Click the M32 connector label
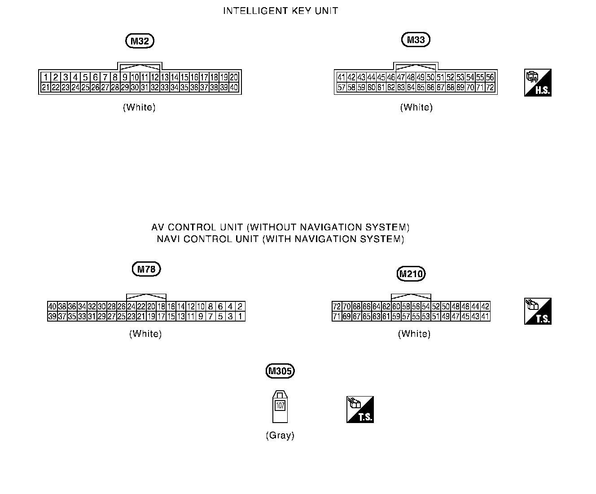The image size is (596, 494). [x=140, y=41]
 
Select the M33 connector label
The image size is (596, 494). [x=416, y=40]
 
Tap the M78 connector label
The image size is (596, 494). [x=146, y=269]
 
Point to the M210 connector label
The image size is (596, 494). [x=412, y=273]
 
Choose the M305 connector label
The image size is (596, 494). [x=280, y=371]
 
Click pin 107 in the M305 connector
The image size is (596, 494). [x=280, y=406]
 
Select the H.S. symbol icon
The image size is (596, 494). [x=538, y=83]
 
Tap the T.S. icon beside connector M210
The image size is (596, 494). [x=538, y=311]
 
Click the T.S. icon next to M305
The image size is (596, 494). [x=360, y=409]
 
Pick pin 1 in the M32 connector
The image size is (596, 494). [x=45, y=77]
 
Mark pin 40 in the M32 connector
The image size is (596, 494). [x=234, y=88]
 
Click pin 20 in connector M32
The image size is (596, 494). [x=234, y=77]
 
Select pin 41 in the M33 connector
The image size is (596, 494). [x=342, y=77]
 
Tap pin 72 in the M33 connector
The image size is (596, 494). [x=490, y=88]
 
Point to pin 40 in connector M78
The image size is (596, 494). [x=52, y=307]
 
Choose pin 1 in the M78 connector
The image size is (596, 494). [x=240, y=317]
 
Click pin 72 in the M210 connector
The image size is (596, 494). [x=337, y=307]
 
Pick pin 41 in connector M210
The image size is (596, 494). [x=485, y=317]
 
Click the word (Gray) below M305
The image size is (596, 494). [x=280, y=435]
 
